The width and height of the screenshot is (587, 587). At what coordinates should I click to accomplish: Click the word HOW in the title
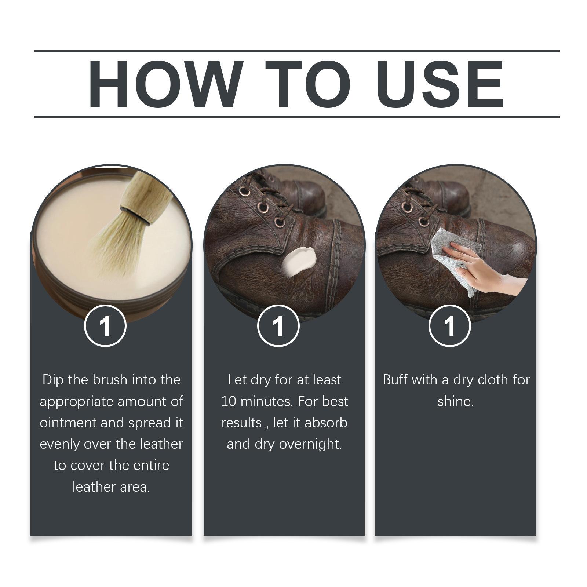(x=165, y=84)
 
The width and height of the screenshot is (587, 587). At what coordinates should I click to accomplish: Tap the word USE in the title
(x=440, y=84)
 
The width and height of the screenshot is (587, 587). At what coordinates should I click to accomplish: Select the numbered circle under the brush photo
(x=105, y=326)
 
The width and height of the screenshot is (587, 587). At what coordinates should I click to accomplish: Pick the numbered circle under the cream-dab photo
(x=278, y=326)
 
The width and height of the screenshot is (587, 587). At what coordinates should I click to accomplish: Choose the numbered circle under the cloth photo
(x=450, y=326)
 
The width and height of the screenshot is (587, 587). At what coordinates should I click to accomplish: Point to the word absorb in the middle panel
(x=326, y=423)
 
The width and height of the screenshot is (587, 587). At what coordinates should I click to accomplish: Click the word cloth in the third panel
(x=492, y=380)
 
